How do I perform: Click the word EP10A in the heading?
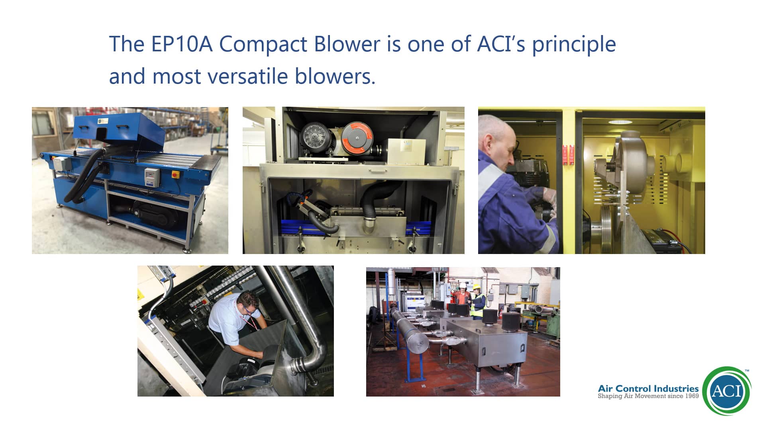pos(182,44)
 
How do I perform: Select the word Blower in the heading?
pos(347,44)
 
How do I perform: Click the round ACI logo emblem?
pos(727,391)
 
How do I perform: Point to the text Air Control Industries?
pos(648,388)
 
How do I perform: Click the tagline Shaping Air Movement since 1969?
pos(648,396)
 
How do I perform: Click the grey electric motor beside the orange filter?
pos(318,139)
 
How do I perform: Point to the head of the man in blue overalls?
pos(497,141)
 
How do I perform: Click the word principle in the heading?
pos(574,45)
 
